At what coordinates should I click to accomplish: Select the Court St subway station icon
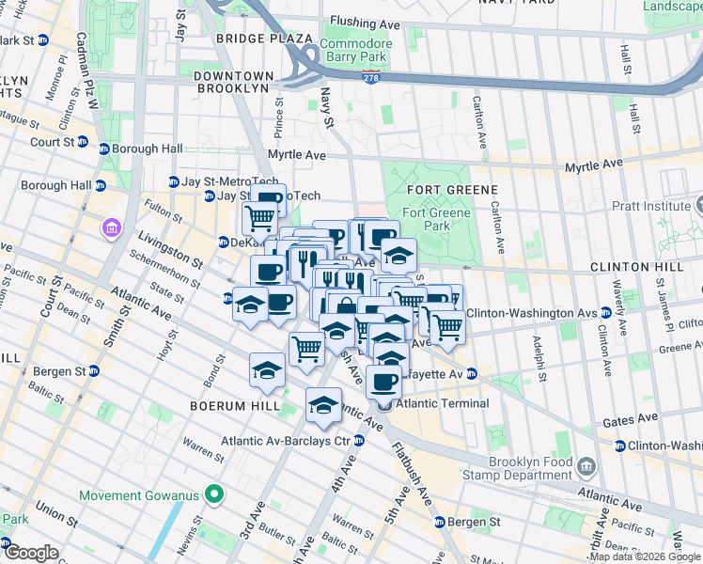pos(82,143)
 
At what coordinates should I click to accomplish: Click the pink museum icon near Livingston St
pos(111,228)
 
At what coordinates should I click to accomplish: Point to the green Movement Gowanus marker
pos(214,494)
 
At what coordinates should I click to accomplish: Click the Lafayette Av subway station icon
pos(472,374)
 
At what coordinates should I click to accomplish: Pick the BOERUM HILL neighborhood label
pos(235,406)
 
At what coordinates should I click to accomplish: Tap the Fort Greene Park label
pos(436,219)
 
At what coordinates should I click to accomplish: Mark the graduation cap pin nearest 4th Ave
pos(323,405)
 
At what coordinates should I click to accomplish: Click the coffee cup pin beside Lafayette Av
pos(383,381)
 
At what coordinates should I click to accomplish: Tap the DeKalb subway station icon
pos(224,242)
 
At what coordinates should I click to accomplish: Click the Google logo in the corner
pos(31,553)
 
